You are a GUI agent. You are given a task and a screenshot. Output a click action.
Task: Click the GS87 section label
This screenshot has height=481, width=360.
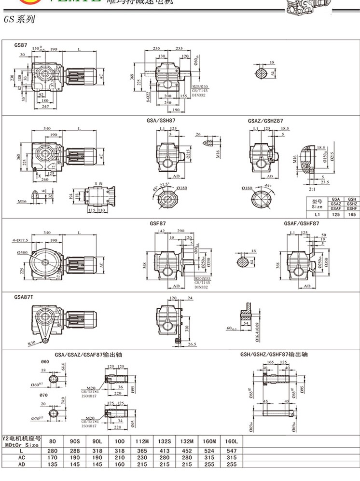21,45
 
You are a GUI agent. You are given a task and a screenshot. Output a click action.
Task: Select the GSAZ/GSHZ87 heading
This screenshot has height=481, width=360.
265,121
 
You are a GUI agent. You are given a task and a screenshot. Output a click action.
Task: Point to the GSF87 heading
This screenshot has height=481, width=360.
157,224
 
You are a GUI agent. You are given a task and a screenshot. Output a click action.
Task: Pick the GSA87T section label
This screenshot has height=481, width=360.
24,297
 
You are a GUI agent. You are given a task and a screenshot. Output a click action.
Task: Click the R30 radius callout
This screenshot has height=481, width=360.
32,343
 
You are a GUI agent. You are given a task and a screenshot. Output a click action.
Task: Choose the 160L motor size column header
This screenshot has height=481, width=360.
232,440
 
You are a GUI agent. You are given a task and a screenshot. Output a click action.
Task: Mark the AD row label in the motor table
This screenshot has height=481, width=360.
21,464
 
